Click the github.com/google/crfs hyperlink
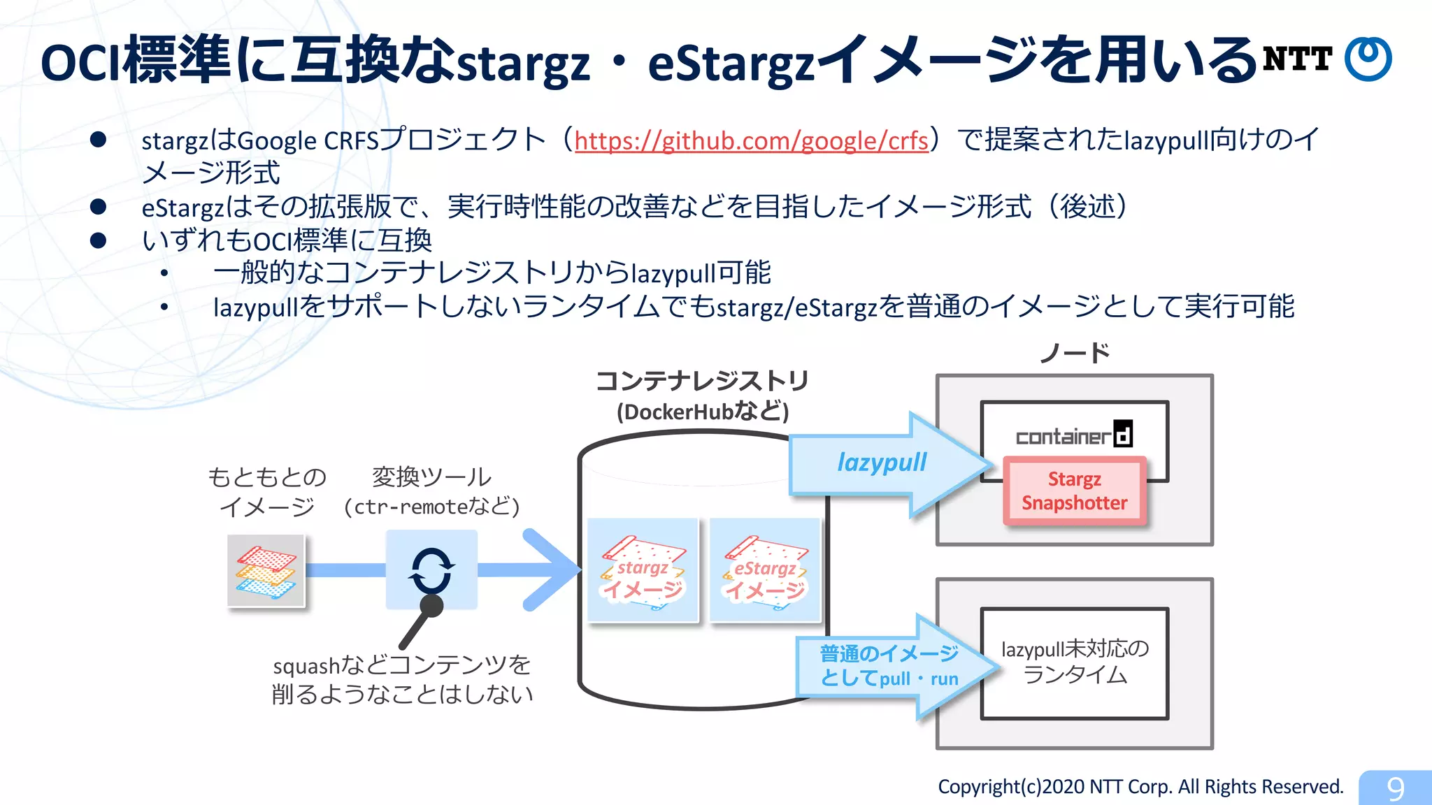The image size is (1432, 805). (x=751, y=140)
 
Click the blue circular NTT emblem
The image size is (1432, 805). (x=1368, y=59)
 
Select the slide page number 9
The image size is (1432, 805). (x=1395, y=788)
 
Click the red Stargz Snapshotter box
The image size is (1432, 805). (x=1074, y=491)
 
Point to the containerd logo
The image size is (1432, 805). (x=1074, y=435)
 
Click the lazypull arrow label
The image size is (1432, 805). (x=882, y=463)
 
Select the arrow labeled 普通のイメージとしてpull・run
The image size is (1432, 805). (x=889, y=666)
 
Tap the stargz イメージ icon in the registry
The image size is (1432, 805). (x=643, y=570)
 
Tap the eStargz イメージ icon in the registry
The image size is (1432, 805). (x=765, y=570)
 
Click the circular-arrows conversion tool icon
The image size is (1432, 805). (x=431, y=569)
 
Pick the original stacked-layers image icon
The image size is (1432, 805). (x=266, y=570)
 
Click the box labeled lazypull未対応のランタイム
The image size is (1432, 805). (x=1074, y=662)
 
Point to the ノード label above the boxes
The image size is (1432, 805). (x=1074, y=354)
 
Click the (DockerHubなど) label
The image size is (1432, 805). (x=702, y=412)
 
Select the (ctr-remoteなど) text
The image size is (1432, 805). (x=431, y=506)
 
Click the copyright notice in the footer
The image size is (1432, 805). (x=1140, y=787)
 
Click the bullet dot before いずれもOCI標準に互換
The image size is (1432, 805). (x=98, y=240)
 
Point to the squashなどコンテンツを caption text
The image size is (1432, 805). (x=401, y=665)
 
